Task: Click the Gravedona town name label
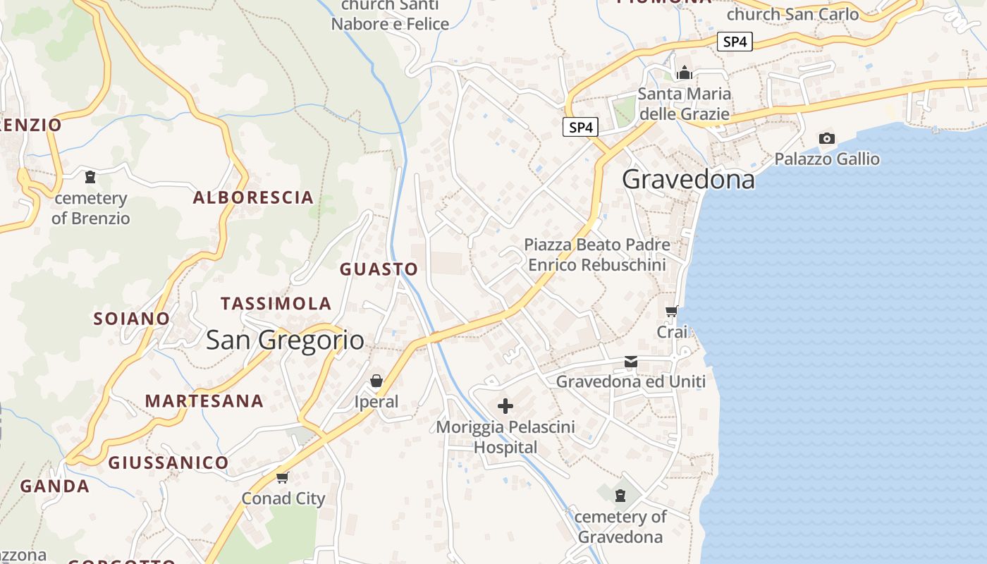click(688, 180)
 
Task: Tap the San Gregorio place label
click(285, 341)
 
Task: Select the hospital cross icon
click(505, 406)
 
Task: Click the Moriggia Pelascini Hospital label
click(505, 437)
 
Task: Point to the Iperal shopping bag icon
click(376, 381)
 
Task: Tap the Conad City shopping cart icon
click(283, 478)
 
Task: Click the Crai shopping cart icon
click(672, 311)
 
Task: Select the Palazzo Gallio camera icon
click(827, 139)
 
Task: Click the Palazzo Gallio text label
click(827, 159)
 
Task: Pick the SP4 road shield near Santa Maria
click(581, 128)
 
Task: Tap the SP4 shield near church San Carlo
click(735, 42)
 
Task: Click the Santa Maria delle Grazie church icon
click(684, 73)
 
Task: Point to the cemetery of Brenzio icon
click(90, 177)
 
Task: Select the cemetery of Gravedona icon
click(620, 496)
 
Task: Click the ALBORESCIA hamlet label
click(253, 197)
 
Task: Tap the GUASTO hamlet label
click(379, 269)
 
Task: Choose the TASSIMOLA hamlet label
click(276, 304)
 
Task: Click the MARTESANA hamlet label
click(204, 401)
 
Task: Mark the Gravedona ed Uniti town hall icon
click(631, 362)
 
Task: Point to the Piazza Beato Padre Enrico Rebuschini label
click(597, 255)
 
